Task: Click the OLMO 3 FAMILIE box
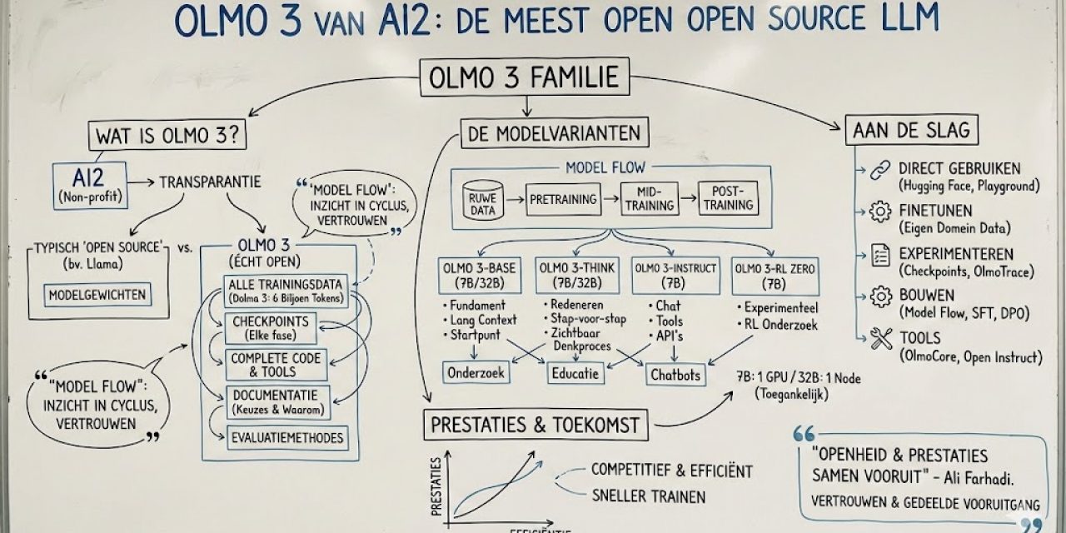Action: [524, 78]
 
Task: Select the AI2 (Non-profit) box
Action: [88, 184]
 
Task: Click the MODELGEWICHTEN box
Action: [97, 295]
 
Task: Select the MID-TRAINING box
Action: [650, 200]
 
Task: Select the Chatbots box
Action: [675, 374]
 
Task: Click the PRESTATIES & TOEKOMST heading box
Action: [535, 426]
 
